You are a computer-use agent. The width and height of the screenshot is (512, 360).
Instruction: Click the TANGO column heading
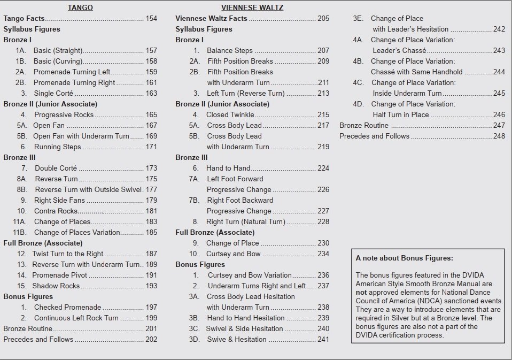click(80, 7)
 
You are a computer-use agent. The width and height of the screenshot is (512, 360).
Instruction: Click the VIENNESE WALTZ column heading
click(252, 7)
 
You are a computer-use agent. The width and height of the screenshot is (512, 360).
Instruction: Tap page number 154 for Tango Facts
click(151, 19)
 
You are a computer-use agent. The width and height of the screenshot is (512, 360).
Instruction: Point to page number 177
click(151, 190)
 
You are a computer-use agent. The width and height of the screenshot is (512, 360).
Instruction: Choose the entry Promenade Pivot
click(59, 275)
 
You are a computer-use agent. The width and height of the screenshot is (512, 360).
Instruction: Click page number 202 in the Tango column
click(151, 340)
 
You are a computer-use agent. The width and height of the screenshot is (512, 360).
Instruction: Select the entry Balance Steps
click(230, 51)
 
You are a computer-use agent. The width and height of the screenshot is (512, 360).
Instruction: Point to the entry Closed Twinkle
click(230, 115)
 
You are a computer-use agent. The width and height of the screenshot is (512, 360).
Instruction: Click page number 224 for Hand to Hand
click(323, 168)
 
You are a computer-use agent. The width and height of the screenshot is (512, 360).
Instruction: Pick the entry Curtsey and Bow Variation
click(250, 275)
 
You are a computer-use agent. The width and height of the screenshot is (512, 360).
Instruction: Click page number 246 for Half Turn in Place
click(499, 115)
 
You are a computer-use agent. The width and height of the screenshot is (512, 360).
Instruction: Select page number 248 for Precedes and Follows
click(499, 136)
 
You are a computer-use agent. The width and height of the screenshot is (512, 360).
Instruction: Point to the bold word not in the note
click(361, 293)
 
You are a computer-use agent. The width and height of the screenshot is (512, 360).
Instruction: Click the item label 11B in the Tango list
click(20, 233)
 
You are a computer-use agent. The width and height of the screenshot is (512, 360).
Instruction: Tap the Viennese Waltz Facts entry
click(211, 19)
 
